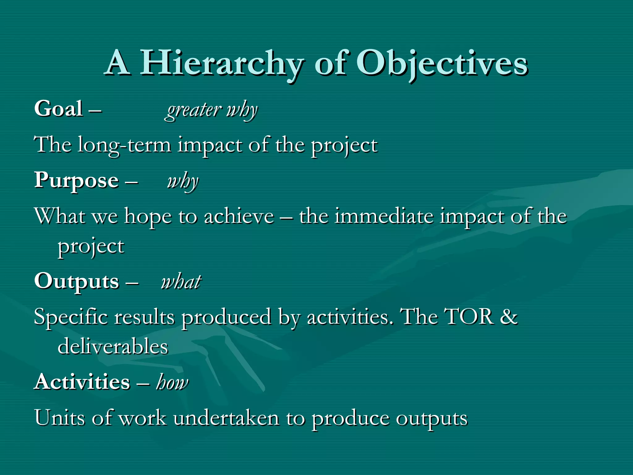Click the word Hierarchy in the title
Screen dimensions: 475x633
(x=221, y=63)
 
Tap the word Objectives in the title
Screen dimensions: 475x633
(x=442, y=63)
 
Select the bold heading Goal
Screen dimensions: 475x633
(x=59, y=109)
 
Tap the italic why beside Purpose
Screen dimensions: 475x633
(x=182, y=182)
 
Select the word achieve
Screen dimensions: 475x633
(x=239, y=216)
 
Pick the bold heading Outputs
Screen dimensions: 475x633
(x=77, y=281)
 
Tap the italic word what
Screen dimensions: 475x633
(x=181, y=282)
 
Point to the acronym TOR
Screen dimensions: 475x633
(x=469, y=317)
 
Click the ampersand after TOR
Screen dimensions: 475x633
(x=509, y=317)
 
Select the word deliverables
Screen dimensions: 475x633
(x=113, y=346)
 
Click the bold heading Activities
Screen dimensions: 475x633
(x=82, y=382)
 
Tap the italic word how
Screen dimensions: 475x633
(x=172, y=383)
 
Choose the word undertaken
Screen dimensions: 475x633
(x=226, y=418)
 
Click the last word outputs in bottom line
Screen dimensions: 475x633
(x=432, y=419)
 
